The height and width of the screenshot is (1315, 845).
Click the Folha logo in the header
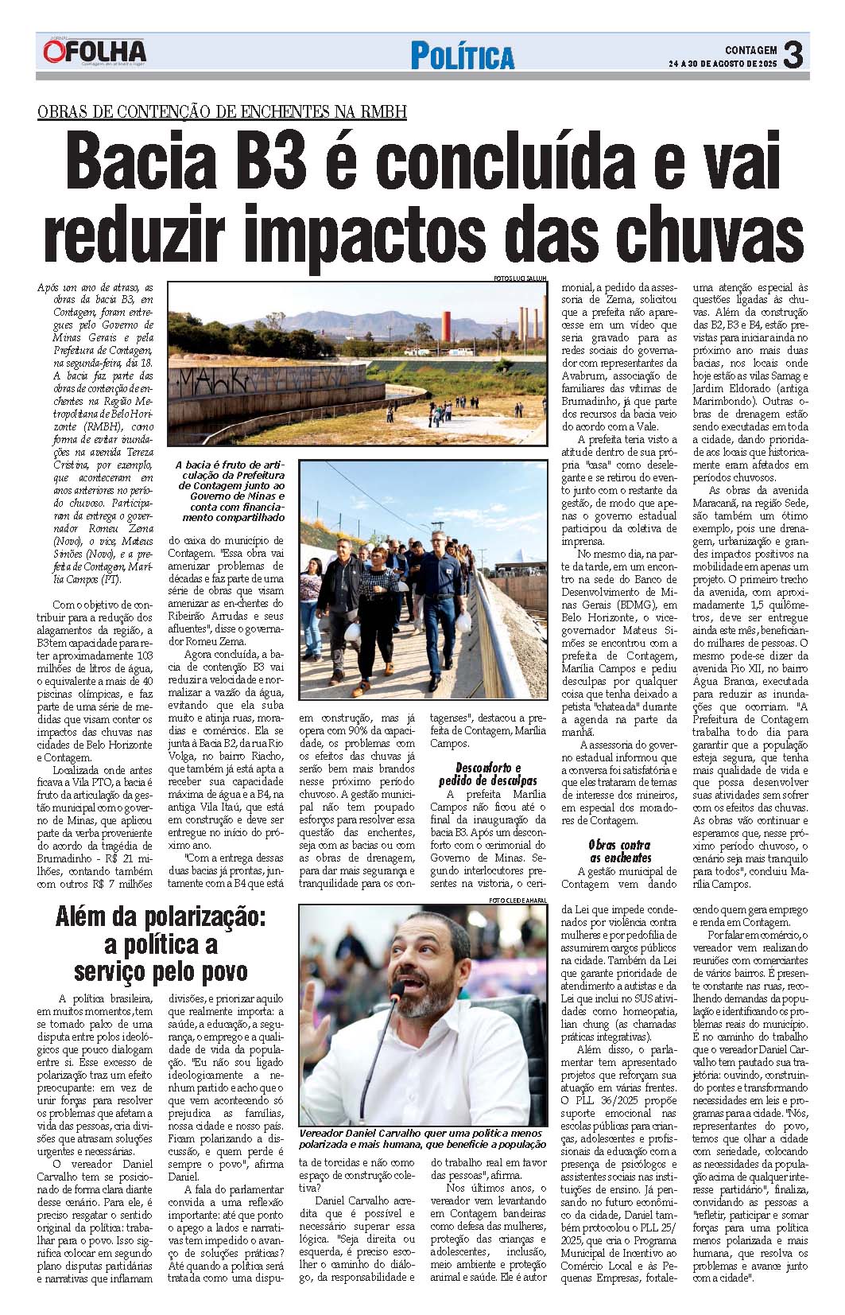(95, 53)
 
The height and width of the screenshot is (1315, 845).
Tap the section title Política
(462, 56)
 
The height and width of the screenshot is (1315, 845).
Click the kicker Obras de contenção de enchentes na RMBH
(222, 111)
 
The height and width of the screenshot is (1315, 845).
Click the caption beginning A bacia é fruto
(230, 490)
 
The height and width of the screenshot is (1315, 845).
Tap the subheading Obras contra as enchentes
(619, 851)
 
